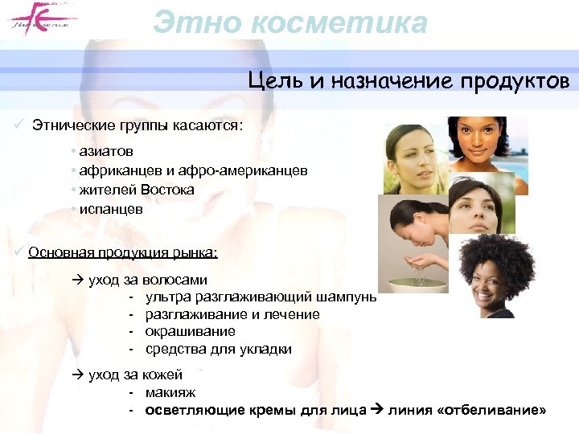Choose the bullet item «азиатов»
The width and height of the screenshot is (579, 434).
105,151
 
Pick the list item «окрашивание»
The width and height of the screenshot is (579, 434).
190,331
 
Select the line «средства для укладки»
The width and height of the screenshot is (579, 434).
218,349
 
